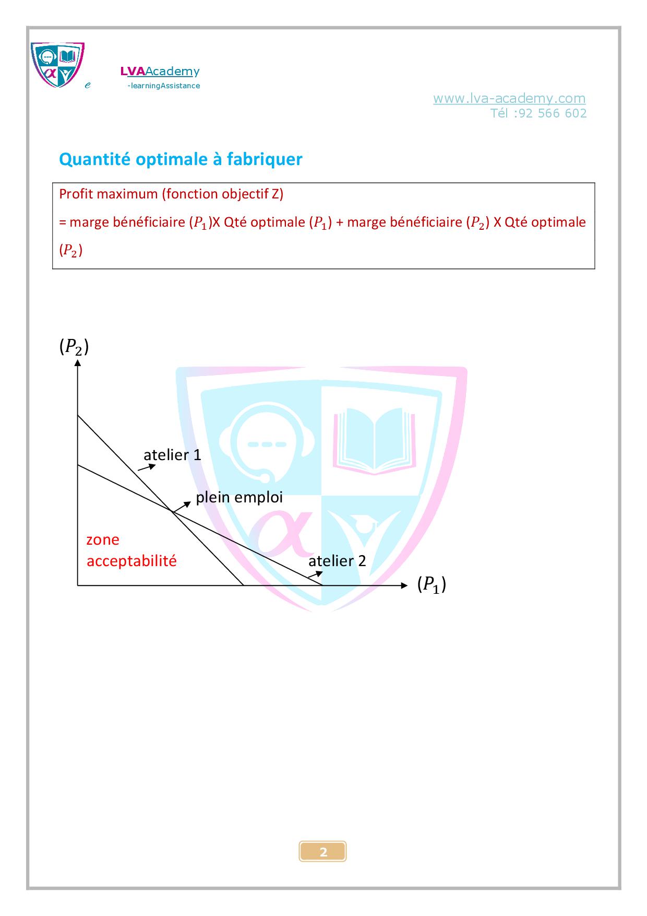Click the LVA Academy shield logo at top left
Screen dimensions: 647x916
[x=57, y=65]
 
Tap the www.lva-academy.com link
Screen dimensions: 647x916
[x=509, y=98]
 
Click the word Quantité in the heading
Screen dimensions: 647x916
[x=95, y=159]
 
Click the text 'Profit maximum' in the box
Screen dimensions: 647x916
[x=109, y=194]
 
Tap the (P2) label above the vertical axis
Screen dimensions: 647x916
[x=74, y=347]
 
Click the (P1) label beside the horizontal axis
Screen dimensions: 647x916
[x=432, y=584]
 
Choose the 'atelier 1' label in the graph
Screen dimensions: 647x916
[x=172, y=455]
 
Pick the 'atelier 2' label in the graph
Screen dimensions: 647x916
[x=337, y=561]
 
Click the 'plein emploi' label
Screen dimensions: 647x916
[x=239, y=497]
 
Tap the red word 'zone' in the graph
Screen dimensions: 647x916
[x=103, y=539]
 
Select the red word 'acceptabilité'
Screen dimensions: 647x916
[x=131, y=561]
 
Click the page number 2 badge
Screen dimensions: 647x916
[x=323, y=852]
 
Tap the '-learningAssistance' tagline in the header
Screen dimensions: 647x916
[x=164, y=86]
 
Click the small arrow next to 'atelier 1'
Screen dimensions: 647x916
[x=147, y=468]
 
